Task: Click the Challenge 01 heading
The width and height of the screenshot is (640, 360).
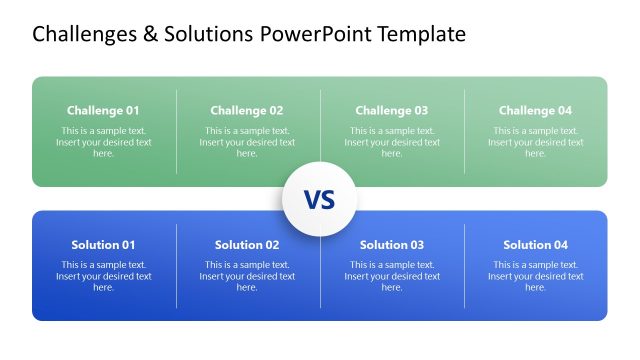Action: (103, 111)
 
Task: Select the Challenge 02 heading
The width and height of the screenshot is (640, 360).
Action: (247, 111)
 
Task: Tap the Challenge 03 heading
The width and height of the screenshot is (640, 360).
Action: (391, 111)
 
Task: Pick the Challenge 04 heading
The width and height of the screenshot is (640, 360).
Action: (535, 111)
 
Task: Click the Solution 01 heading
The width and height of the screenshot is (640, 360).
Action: (103, 245)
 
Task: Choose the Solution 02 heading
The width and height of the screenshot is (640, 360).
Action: (247, 245)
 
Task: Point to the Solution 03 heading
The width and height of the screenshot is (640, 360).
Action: (391, 245)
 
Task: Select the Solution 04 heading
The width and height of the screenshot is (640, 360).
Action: (535, 245)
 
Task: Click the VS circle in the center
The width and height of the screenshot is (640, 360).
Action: (319, 199)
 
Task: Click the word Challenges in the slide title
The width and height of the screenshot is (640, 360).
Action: (84, 35)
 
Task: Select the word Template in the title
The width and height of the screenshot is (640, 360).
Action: (421, 35)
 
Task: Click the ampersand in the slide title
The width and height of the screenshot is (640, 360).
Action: (149, 35)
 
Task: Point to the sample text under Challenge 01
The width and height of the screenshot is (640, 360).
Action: (103, 142)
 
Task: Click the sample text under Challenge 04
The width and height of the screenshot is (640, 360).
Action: (535, 142)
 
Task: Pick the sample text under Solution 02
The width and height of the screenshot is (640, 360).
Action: (247, 276)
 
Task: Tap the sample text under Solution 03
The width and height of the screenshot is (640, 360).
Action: (391, 276)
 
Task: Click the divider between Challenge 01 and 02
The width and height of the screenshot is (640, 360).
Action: (177, 131)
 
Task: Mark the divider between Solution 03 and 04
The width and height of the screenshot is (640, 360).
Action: (464, 265)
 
